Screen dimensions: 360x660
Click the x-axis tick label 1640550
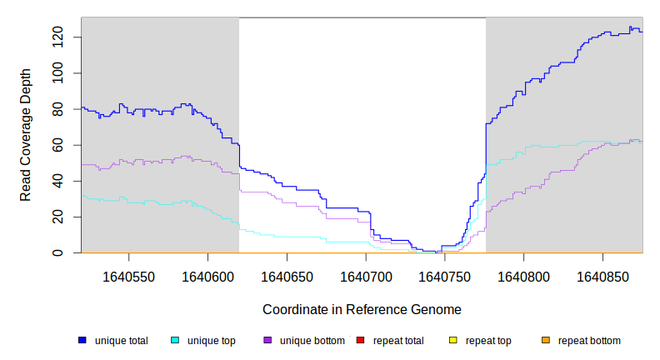click(128, 275)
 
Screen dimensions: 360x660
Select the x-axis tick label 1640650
click(287, 275)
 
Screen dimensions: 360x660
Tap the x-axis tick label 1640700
click(366, 275)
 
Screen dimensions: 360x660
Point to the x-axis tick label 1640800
click(524, 275)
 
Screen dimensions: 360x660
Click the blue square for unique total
click(82, 341)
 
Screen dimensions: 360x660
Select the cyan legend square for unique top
click(175, 341)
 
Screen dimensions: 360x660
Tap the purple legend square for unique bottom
click(267, 341)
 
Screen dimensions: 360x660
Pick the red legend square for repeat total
click(360, 341)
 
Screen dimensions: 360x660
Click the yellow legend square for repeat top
click(453, 341)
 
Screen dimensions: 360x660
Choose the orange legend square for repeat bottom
click(546, 341)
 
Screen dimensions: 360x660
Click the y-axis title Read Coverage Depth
click(26, 135)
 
